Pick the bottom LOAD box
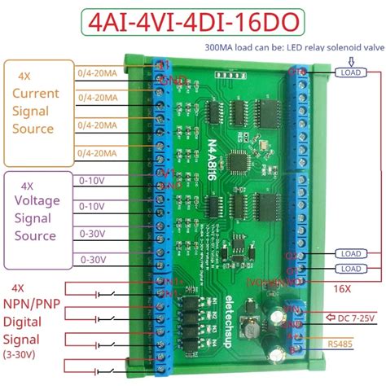[349, 269]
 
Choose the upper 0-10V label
[90, 175]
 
